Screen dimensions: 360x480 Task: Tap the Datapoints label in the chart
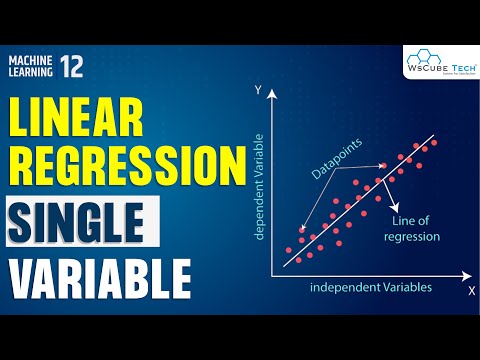click(340, 159)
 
